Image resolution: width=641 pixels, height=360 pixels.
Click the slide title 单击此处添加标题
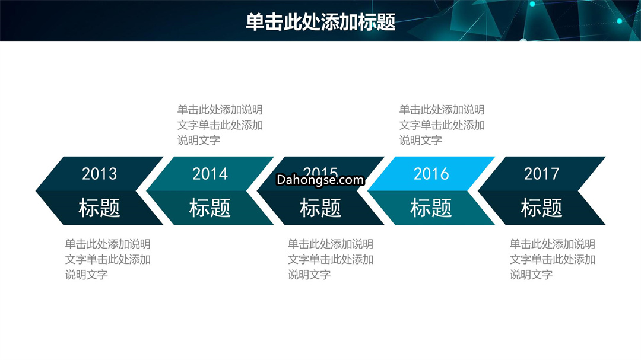(320, 22)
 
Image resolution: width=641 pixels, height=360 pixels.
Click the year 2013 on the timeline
(99, 174)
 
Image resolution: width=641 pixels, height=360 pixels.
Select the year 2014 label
(210, 174)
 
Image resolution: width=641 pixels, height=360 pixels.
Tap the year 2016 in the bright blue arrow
(431, 174)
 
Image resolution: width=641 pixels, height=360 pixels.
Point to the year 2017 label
(541, 174)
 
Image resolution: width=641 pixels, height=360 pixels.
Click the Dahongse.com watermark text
(320, 180)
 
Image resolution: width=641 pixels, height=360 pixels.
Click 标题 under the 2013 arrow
(99, 208)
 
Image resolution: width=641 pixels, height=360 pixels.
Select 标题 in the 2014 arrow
(210, 208)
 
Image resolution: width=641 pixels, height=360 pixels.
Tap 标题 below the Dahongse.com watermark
(320, 208)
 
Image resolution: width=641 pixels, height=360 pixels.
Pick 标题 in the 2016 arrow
(431, 208)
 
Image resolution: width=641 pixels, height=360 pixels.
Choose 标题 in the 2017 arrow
(541, 208)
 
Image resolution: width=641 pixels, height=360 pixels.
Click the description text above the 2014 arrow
(220, 125)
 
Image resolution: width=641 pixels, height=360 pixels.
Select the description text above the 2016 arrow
(442, 125)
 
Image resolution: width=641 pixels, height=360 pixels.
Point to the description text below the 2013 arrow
(108, 260)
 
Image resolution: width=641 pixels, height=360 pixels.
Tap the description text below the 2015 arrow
(331, 260)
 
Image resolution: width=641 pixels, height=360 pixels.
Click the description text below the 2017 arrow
(553, 260)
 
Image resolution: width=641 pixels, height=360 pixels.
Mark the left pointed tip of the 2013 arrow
(36, 191)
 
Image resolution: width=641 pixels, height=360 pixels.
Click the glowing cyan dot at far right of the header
(619, 21)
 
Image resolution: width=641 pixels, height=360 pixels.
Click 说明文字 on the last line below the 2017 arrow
(531, 275)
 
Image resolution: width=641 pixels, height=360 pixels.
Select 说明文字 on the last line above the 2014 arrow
(199, 141)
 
